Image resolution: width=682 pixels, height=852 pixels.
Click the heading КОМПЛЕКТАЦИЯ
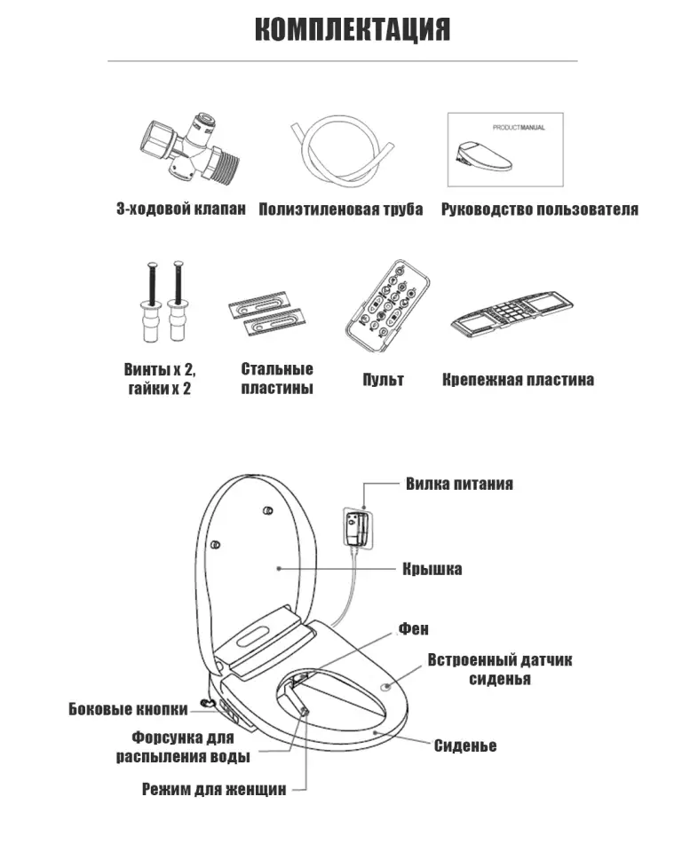click(x=352, y=29)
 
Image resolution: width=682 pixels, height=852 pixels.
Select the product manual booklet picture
click(x=504, y=151)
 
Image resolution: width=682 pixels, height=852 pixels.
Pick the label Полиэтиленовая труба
click(x=341, y=210)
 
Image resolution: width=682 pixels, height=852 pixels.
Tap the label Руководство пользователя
click(x=539, y=210)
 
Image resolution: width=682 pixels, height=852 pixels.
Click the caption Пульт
click(x=383, y=380)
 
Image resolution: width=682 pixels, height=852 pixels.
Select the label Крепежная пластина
click(x=519, y=380)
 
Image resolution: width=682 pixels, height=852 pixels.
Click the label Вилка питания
click(x=459, y=484)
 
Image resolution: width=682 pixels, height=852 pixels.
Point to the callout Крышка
click(x=432, y=569)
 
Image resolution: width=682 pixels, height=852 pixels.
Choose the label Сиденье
click(x=465, y=745)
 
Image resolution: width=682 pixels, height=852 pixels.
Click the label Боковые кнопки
click(x=129, y=708)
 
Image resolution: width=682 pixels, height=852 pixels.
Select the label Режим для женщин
click(x=214, y=789)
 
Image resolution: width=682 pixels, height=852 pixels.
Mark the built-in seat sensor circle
click(x=387, y=687)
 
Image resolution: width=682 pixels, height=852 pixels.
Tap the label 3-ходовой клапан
click(x=180, y=210)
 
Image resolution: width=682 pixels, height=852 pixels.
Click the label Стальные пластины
click(x=277, y=379)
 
